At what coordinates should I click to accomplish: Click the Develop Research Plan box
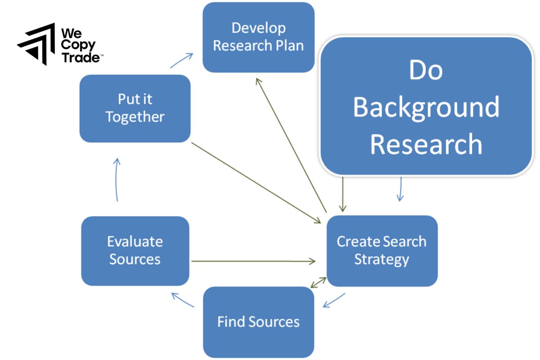[258, 37]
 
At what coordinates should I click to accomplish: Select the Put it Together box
[135, 108]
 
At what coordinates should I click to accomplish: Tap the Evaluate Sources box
[135, 251]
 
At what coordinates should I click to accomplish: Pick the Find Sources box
[258, 322]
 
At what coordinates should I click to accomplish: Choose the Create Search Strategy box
[382, 251]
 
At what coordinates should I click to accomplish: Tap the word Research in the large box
[426, 144]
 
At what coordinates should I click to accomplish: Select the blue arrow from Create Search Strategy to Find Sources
[334, 301]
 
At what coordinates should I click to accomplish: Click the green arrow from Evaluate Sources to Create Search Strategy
[252, 261]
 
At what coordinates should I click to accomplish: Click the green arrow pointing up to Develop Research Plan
[290, 144]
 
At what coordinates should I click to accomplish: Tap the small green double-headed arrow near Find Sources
[319, 282]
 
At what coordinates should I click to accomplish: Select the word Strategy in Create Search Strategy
[382, 260]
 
